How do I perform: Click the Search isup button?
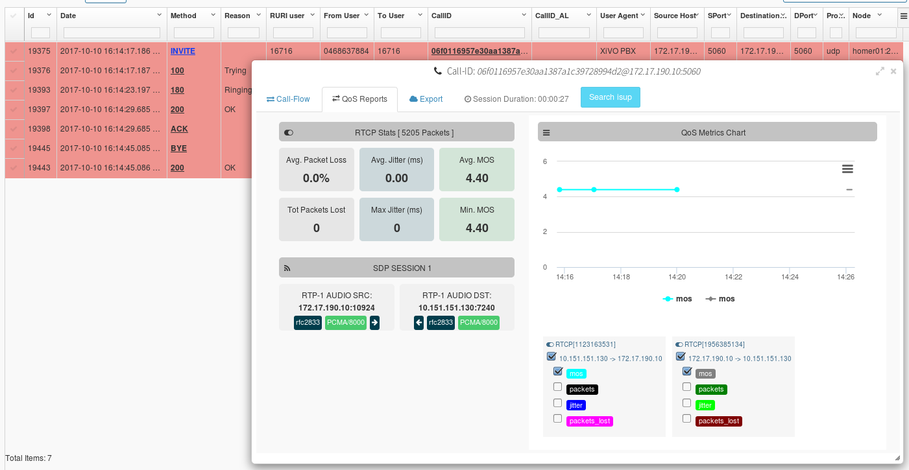click(610, 97)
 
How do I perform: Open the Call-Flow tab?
click(288, 99)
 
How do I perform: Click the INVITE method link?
click(182, 51)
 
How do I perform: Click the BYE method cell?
click(178, 148)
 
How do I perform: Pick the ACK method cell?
click(179, 129)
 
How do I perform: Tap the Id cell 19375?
click(39, 51)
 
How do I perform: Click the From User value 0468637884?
click(346, 51)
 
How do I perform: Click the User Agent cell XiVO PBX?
click(617, 51)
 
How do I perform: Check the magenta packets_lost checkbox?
click(557, 419)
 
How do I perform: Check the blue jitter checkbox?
click(557, 403)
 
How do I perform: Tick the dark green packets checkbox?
click(687, 387)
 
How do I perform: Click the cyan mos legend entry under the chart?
click(677, 299)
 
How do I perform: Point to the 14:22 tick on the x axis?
click(733, 276)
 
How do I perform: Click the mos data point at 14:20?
click(677, 189)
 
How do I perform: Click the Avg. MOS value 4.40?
click(477, 178)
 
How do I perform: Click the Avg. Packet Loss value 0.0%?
click(317, 178)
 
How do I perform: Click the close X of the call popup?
click(893, 71)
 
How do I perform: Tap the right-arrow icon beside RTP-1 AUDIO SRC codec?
click(374, 323)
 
